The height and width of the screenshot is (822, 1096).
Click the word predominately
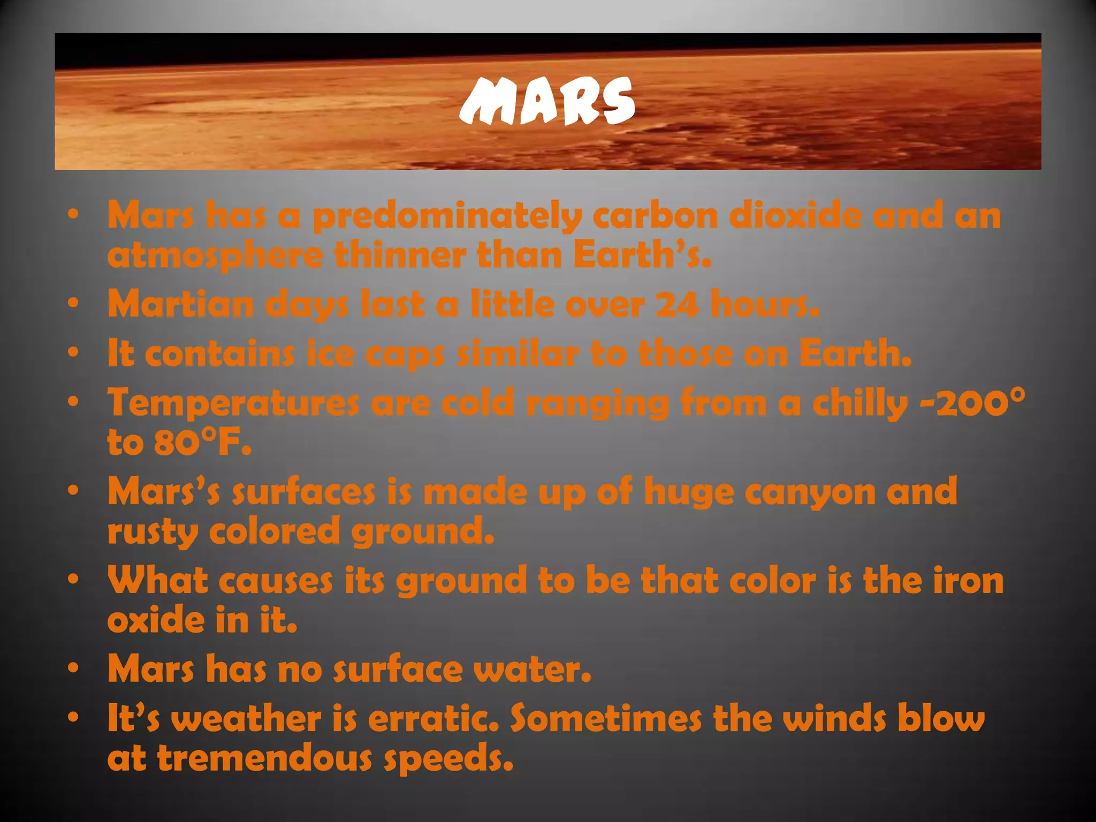[x=447, y=217]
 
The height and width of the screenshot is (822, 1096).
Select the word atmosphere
[x=215, y=256]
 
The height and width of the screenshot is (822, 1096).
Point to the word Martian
[x=180, y=304]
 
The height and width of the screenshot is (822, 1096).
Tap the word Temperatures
[x=233, y=404]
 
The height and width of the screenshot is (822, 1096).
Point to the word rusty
[x=153, y=532]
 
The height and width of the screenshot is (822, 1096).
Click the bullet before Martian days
[x=74, y=303]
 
